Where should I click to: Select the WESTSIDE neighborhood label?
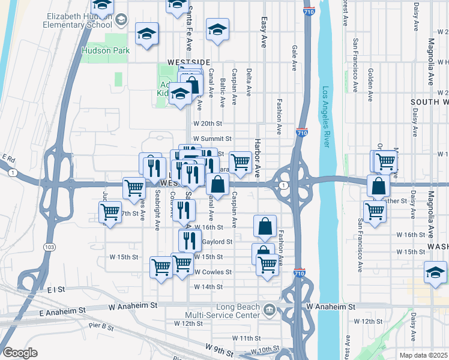click(188, 62)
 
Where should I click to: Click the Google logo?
click(20, 353)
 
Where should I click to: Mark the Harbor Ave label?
click(257, 158)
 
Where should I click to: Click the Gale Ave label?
click(294, 58)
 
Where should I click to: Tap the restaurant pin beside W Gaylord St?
click(188, 240)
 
